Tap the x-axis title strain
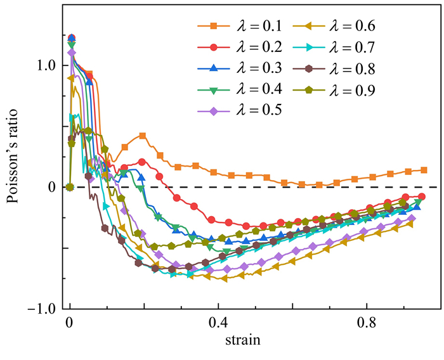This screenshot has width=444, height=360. (x=240, y=340)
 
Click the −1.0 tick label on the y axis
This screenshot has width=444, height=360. (x=41, y=309)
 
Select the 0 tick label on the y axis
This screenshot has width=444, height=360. (x=53, y=187)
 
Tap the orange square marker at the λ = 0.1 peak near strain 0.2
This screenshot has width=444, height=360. (x=143, y=136)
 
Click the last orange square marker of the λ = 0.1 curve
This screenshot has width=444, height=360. (x=424, y=170)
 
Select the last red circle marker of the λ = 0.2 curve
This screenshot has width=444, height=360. (x=422, y=197)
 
